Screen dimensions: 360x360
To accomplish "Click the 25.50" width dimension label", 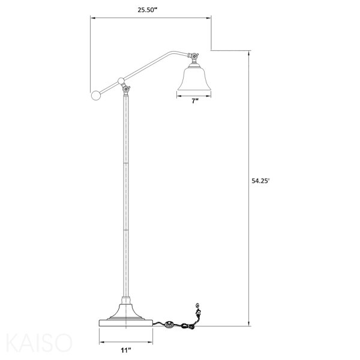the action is pyautogui.click(x=148, y=10).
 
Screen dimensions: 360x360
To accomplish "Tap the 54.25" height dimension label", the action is pyautogui.click(x=260, y=181).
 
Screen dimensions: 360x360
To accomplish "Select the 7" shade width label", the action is pyautogui.click(x=195, y=101).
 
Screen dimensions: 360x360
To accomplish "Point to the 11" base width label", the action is pyautogui.click(x=126, y=350).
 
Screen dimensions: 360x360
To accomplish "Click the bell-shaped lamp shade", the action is pyautogui.click(x=194, y=78).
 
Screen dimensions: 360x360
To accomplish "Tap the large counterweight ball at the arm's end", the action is pyautogui.click(x=96, y=95).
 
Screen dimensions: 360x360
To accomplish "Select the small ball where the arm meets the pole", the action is pyautogui.click(x=121, y=80).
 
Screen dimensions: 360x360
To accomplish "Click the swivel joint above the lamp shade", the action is pyautogui.click(x=194, y=58).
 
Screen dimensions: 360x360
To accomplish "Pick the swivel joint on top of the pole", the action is pyautogui.click(x=126, y=90).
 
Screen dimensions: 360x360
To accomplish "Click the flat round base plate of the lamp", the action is pyautogui.click(x=126, y=322).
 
